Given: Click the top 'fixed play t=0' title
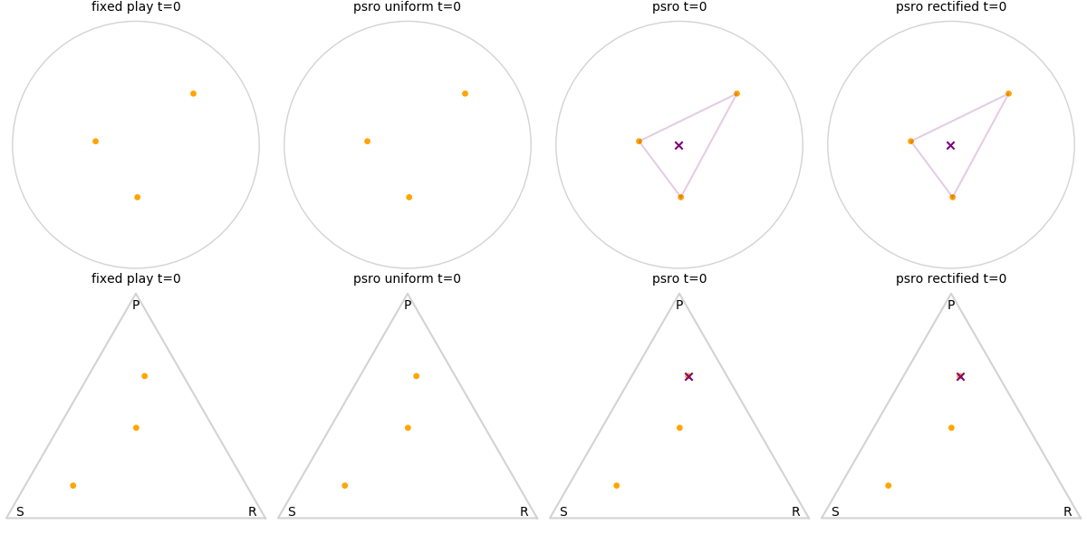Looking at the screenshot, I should (136, 7).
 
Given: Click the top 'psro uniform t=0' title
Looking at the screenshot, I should (407, 7).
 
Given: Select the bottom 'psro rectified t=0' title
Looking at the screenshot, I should (950, 279).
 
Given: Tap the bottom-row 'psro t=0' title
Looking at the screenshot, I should (679, 279).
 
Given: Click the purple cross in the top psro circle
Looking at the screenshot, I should (678, 145).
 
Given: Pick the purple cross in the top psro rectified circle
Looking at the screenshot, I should (950, 145).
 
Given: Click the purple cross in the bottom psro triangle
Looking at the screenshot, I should (688, 376).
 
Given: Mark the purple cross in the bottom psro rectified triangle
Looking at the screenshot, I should (960, 376).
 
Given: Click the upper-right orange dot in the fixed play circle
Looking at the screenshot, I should (193, 93).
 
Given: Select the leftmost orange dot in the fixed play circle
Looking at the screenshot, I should (95, 141).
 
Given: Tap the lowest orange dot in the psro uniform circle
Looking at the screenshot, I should (409, 197).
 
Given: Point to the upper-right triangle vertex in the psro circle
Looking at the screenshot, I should (736, 93).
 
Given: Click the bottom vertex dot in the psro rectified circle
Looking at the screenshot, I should (952, 197).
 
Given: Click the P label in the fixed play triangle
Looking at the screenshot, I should (136, 306).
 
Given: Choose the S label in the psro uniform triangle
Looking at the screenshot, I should (292, 512).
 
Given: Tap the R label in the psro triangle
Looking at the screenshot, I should (796, 512).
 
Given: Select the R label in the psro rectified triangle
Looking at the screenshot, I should (1068, 512).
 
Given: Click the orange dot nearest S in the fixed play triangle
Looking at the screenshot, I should (72, 485).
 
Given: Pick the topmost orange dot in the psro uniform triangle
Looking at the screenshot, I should (416, 376).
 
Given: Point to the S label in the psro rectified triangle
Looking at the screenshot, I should (835, 512).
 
